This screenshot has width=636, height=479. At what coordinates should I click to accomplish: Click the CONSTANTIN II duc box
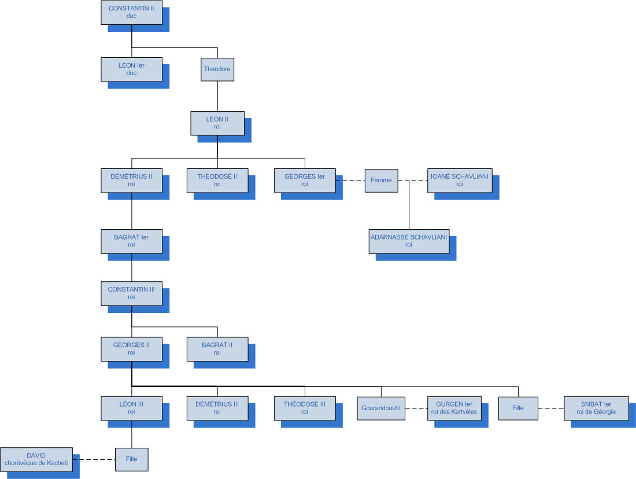coord(131,13)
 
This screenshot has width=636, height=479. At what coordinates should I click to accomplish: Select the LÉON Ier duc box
coord(131,69)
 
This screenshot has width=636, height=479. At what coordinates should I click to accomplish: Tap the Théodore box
coord(217,69)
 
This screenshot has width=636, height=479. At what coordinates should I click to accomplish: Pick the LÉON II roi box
coord(217,123)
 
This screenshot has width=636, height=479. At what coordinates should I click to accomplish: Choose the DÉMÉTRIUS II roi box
coord(131,180)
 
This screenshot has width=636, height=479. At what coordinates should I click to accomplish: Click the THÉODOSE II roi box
coord(217,180)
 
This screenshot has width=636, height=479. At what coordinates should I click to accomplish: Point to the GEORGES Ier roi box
coord(305,180)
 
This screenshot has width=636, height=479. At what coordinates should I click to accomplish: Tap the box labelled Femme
coord(382,180)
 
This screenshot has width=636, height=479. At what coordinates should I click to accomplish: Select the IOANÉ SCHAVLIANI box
coord(460,180)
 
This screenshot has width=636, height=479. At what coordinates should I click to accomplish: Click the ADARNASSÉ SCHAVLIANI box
coord(409,241)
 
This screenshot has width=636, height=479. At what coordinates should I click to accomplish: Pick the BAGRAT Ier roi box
coord(131,241)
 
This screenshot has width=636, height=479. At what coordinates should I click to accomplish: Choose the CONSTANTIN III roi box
coord(131,293)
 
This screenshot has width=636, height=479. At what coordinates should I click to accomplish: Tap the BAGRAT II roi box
coord(217,349)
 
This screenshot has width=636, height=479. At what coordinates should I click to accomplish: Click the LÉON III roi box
coord(131,408)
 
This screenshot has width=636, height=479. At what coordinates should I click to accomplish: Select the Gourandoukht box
coord(381,408)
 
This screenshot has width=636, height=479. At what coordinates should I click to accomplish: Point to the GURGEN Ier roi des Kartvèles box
coord(454,408)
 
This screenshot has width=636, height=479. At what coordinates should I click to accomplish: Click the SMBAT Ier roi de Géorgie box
coord(596,408)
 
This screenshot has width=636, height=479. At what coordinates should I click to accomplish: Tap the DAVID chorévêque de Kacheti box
coord(36,459)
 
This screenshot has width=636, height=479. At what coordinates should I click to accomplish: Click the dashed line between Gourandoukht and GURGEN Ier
coord(416,408)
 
